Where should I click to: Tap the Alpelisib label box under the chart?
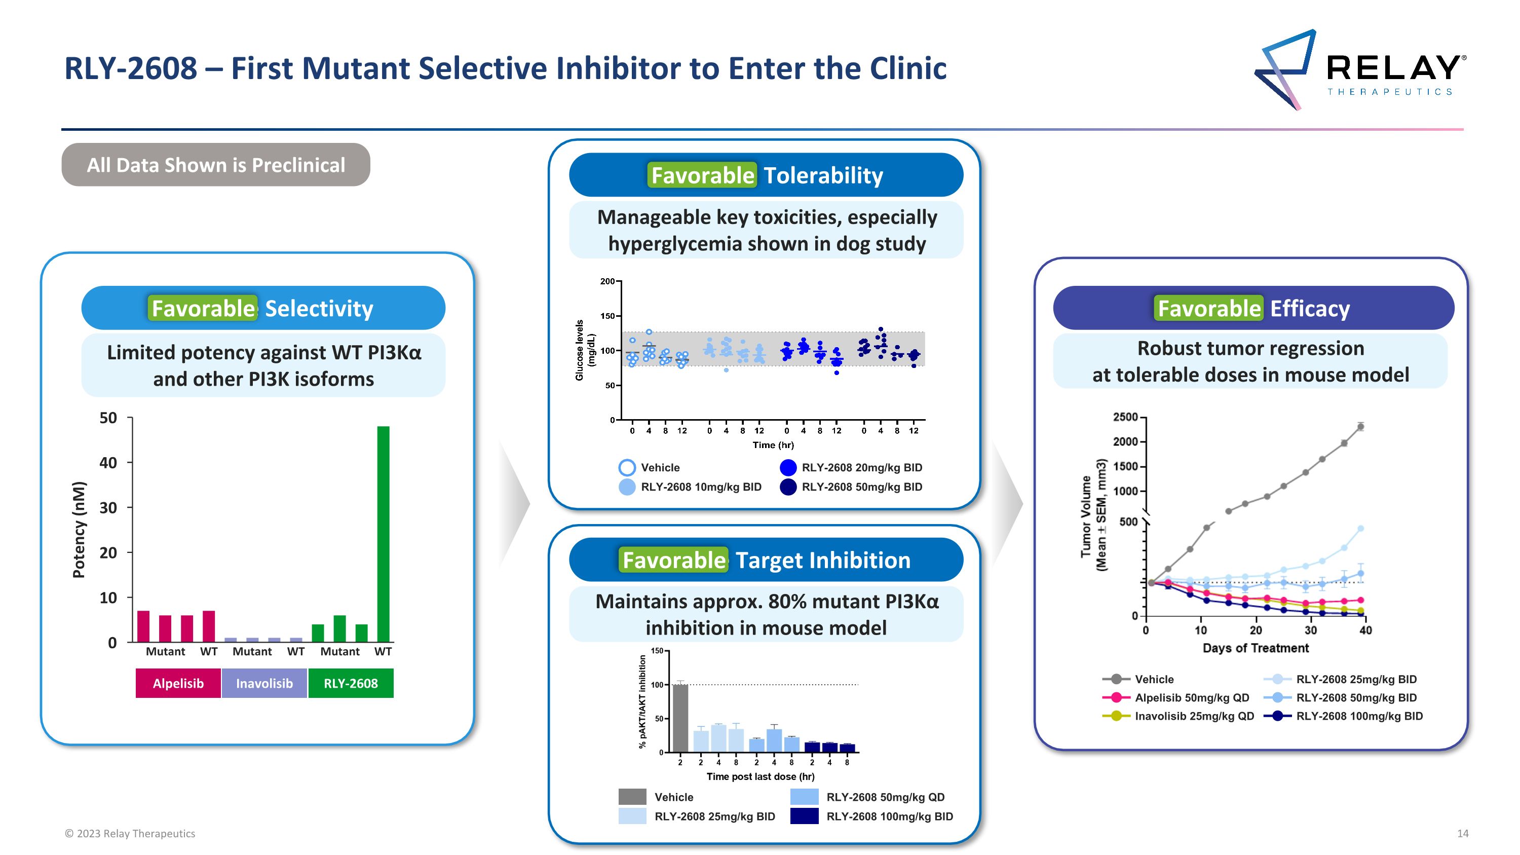click(x=178, y=683)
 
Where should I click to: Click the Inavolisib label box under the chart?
click(x=264, y=683)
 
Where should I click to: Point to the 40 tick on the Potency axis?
click(x=108, y=463)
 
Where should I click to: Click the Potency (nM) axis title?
click(x=79, y=530)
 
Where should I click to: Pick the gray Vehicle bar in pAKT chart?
click(x=680, y=718)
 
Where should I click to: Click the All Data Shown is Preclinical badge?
click(x=216, y=165)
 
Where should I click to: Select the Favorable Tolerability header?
click(x=766, y=175)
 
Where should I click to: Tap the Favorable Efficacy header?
click(x=1253, y=308)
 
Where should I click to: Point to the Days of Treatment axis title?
click(x=1256, y=648)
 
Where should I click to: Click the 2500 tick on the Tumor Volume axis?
click(x=1125, y=417)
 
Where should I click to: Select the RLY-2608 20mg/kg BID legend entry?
click(x=861, y=467)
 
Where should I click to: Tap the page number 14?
click(x=1463, y=833)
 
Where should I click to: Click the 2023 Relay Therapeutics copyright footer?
click(x=130, y=833)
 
